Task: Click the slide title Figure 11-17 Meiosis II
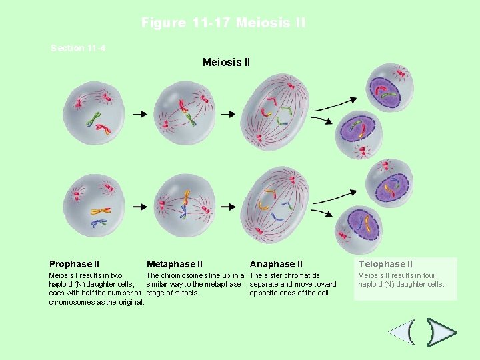223,23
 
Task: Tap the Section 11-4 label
78,48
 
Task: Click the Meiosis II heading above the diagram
226,63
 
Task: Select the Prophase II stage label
74,264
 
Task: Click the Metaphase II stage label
175,264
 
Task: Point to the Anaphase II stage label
276,264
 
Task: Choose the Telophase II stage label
385,264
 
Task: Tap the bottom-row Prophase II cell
93,204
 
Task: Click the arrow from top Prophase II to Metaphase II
139,114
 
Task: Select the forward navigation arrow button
441,331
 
